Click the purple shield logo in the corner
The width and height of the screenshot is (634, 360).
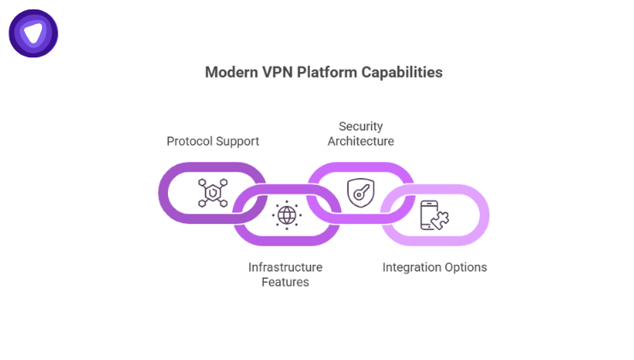[x=33, y=33]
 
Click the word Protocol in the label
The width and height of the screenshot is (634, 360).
[x=190, y=141]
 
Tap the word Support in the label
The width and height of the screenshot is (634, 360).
[x=237, y=141]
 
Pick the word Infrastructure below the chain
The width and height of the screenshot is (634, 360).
[x=285, y=267]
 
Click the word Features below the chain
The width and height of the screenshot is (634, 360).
[x=285, y=282]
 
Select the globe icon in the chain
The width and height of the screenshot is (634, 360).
[x=286, y=215]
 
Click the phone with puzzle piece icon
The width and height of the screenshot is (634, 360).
[x=432, y=215]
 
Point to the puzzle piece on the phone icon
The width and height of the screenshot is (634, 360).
[x=436, y=221]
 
